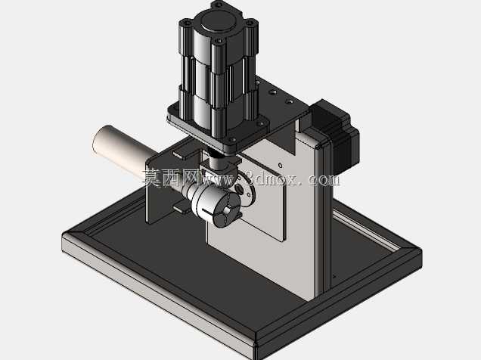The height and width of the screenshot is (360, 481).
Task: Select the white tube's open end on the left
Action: [x=99, y=138]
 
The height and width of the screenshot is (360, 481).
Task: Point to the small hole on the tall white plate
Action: [x=280, y=166]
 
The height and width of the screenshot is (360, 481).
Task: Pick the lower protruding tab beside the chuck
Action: [x=182, y=208]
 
